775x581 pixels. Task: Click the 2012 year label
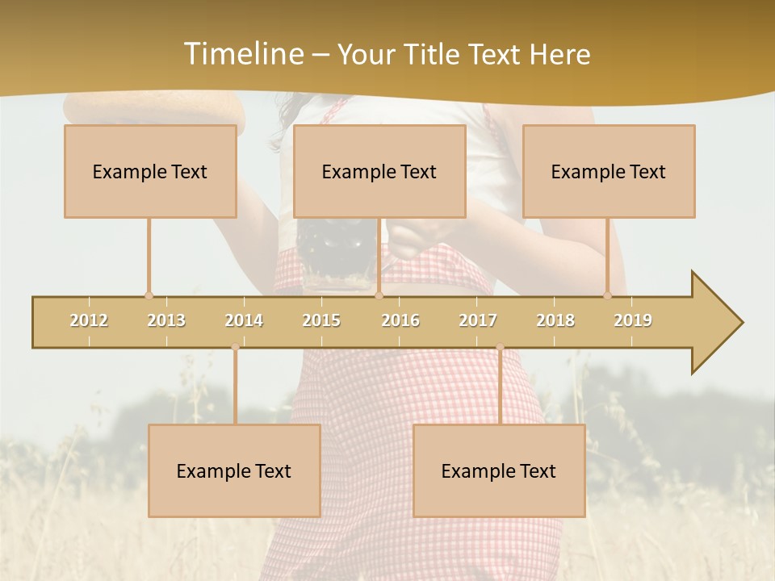89,320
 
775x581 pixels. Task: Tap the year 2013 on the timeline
166,320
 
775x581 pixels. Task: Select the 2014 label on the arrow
244,320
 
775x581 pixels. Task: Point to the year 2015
321,320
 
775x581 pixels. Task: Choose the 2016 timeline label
400,320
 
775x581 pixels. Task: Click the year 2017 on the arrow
478,320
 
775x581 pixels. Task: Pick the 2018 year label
555,320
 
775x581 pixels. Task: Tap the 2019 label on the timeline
633,320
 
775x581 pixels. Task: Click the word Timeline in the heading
243,54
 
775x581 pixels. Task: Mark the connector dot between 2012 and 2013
149,296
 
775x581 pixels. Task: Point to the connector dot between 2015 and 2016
379,296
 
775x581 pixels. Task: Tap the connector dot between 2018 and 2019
608,296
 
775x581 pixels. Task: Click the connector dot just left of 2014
235,348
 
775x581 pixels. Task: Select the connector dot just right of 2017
500,348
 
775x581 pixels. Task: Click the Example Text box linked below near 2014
234,470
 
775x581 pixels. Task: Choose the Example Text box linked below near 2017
499,470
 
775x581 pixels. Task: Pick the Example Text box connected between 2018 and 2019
609,171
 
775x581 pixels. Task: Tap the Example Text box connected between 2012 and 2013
150,171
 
